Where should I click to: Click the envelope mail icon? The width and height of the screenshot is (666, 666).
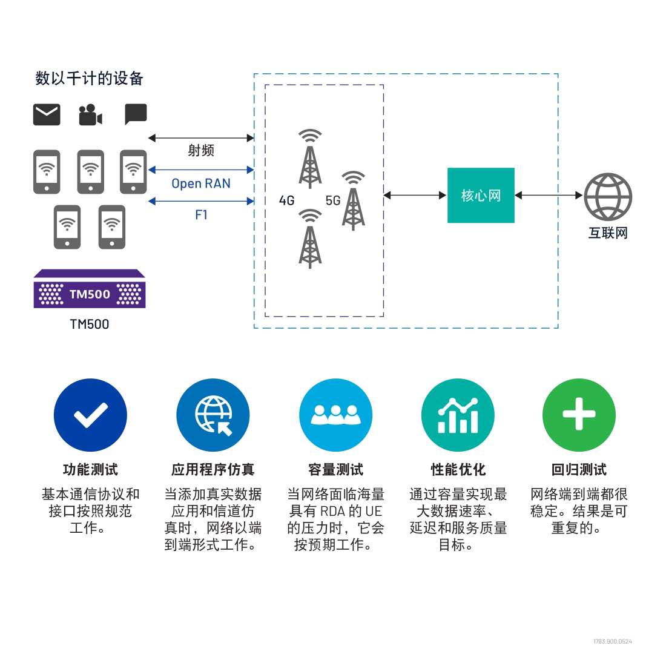click(x=47, y=114)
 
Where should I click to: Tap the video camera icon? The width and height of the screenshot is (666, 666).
click(x=90, y=114)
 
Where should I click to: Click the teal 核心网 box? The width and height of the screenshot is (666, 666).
click(x=481, y=196)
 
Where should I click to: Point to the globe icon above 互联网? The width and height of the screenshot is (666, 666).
click(x=608, y=196)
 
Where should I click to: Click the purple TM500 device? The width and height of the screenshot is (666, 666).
click(x=90, y=288)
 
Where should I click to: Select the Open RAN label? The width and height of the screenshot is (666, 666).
click(x=201, y=183)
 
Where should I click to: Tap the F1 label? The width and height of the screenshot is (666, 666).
click(x=202, y=215)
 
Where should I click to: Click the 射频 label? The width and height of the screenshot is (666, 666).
click(x=201, y=150)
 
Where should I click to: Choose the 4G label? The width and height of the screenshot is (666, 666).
click(x=287, y=200)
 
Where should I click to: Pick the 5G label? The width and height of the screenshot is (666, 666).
click(x=333, y=200)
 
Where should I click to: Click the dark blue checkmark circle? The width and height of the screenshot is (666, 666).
click(x=90, y=415)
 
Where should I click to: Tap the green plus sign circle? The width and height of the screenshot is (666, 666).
click(x=579, y=415)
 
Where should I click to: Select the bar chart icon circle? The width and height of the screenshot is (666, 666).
click(x=458, y=415)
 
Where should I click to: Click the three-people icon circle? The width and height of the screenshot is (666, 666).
click(x=335, y=415)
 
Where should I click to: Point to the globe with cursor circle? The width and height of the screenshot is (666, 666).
click(x=213, y=415)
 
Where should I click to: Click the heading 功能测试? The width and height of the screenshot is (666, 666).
click(x=90, y=470)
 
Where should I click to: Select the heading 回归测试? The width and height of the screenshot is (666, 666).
click(x=579, y=470)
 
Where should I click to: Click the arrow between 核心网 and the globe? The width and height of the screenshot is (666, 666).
click(x=549, y=196)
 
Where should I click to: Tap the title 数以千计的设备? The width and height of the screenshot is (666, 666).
click(x=89, y=79)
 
